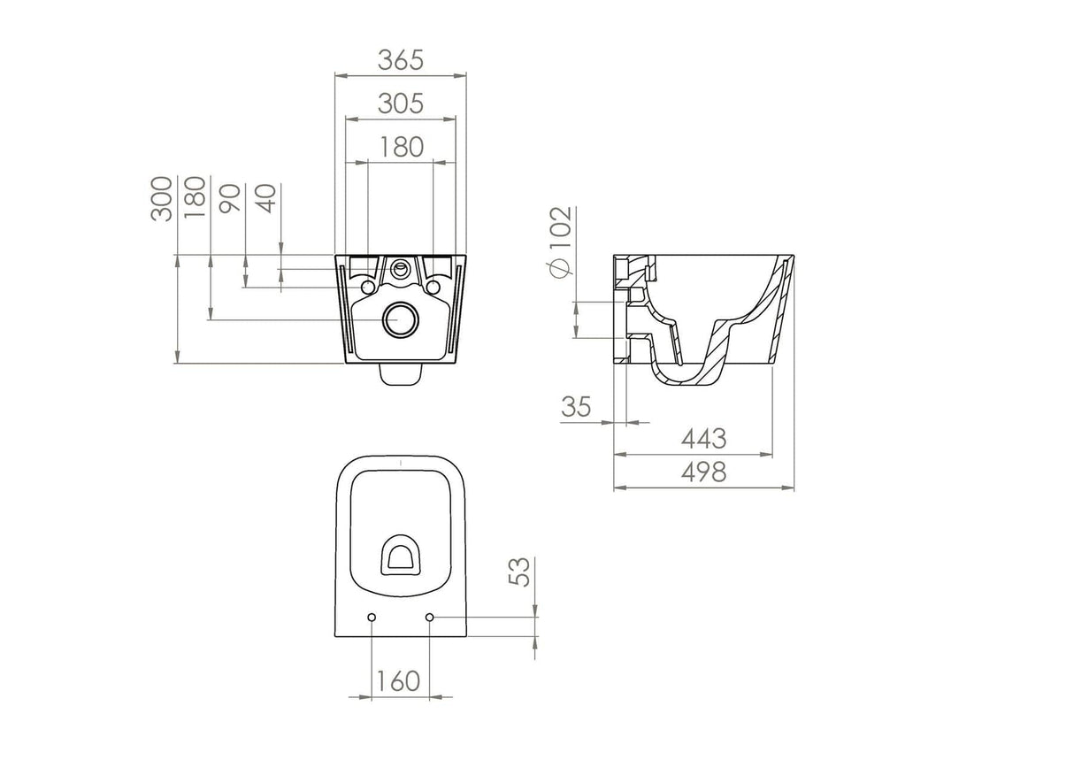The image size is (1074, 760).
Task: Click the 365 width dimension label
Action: [401, 60]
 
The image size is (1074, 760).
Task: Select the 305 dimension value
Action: [401, 104]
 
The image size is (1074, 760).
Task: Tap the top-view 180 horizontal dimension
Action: [401, 147]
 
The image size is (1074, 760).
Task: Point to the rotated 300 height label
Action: [162, 199]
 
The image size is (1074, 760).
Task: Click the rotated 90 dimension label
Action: [230, 199]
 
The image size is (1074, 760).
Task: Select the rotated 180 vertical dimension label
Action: [196, 196]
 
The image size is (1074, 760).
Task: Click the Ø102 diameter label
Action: [560, 242]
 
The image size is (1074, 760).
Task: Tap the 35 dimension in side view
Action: [576, 407]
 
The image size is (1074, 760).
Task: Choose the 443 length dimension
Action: [703, 439]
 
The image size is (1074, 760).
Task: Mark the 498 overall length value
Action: [703, 472]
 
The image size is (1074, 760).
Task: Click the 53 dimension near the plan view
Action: [521, 572]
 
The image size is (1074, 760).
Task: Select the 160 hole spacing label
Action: [397, 681]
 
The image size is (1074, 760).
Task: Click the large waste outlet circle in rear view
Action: [402, 320]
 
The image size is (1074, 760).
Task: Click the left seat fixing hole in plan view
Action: [372, 617]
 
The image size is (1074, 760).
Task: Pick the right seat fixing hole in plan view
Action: [430, 617]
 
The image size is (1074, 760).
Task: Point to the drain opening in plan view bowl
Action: [401, 556]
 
